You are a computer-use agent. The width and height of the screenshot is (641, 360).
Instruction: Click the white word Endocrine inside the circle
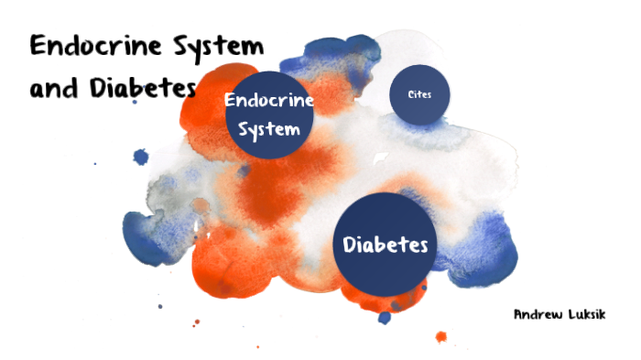[x=269, y=100]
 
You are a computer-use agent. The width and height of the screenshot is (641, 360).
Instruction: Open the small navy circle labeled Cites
[x=420, y=94]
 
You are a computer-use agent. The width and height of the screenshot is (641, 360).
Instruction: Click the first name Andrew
[x=536, y=314]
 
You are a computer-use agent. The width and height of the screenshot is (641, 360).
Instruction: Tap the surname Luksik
[x=587, y=314]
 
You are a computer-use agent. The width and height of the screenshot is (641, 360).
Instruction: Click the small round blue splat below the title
[x=141, y=157]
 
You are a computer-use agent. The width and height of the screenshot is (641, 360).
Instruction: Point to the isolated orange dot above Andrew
[x=441, y=336]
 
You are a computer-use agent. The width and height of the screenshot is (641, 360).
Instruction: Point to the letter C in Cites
[x=411, y=94]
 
